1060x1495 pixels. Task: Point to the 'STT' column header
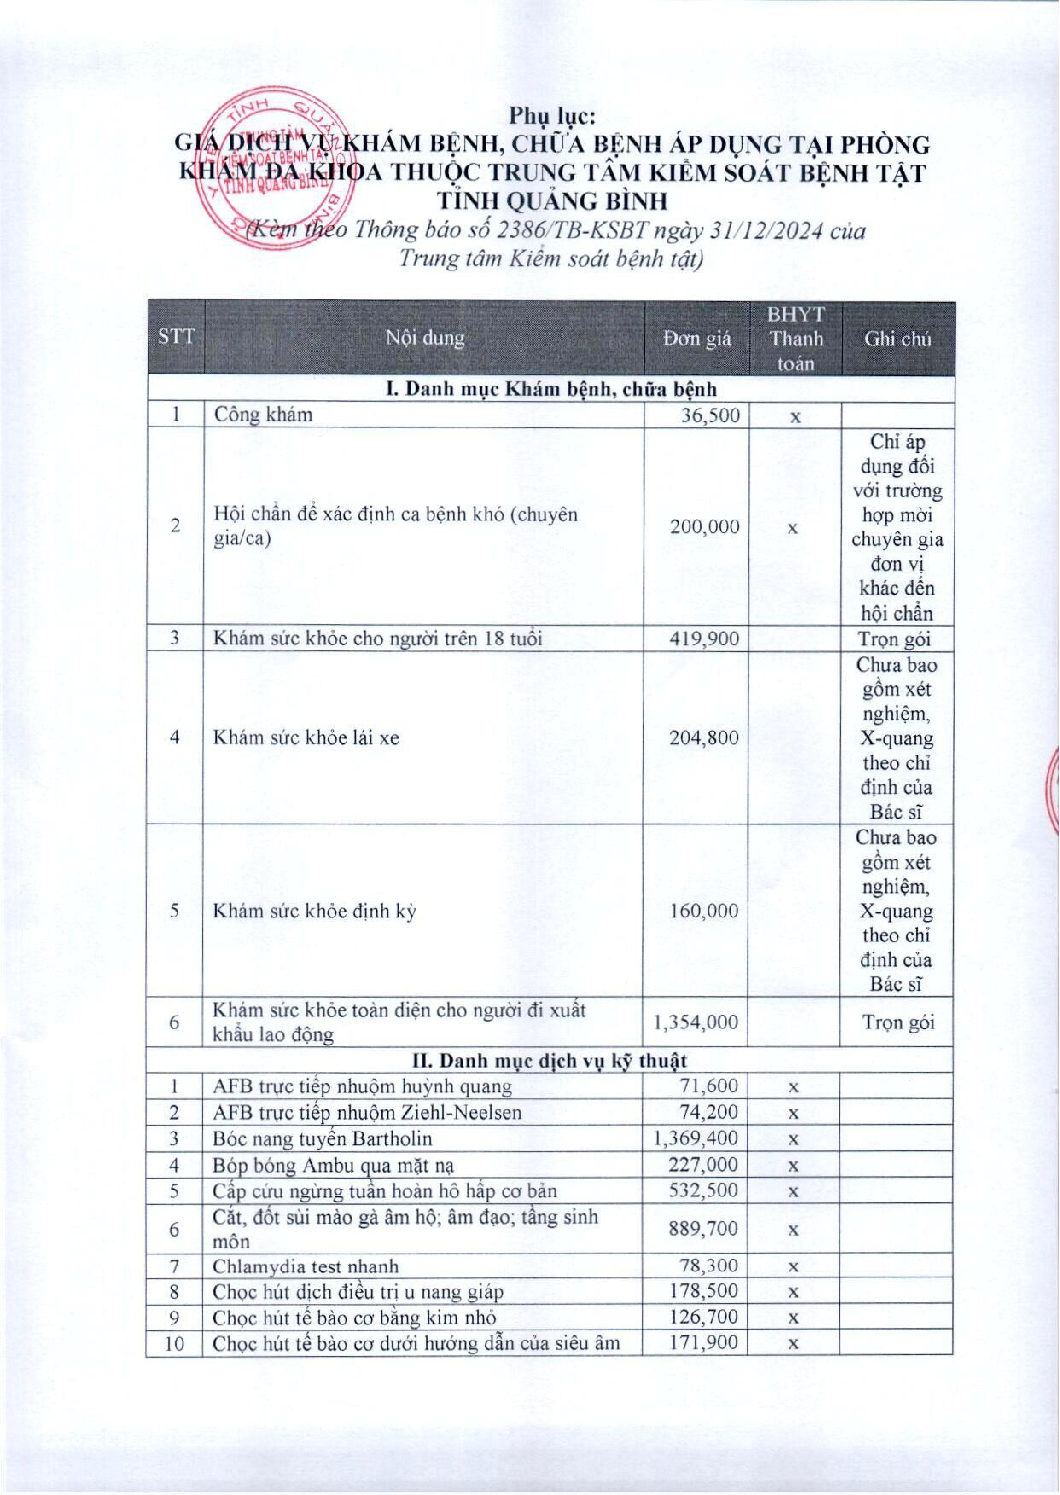pyautogui.click(x=176, y=337)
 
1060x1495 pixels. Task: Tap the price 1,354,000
pyautogui.click(x=696, y=1022)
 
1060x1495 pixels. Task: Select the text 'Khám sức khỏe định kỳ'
pyautogui.click(x=314, y=911)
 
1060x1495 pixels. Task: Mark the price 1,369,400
pyautogui.click(x=696, y=1138)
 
